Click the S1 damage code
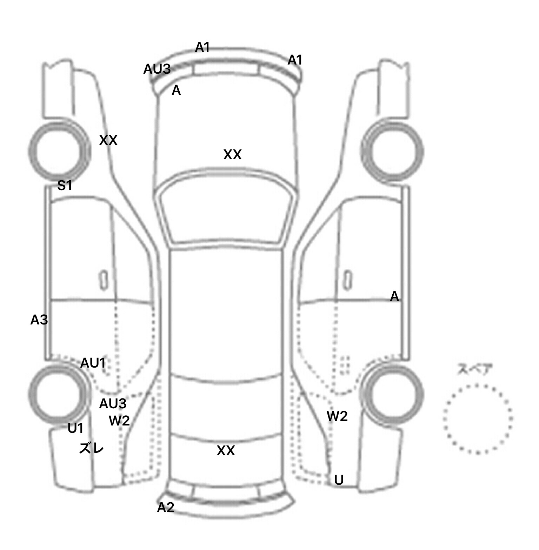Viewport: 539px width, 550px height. pyautogui.click(x=65, y=185)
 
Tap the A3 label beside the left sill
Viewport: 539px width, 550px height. pyautogui.click(x=39, y=320)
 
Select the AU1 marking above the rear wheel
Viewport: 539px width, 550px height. pyautogui.click(x=93, y=363)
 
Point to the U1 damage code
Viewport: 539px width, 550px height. pyautogui.click(x=75, y=428)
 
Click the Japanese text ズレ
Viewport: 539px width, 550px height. pyautogui.click(x=91, y=448)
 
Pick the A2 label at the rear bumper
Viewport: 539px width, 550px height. pyautogui.click(x=166, y=507)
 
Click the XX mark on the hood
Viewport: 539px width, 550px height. pyautogui.click(x=232, y=154)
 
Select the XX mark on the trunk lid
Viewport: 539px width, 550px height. pyautogui.click(x=226, y=451)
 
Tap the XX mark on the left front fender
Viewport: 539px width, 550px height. pyautogui.click(x=108, y=140)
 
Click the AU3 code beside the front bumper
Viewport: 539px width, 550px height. pyautogui.click(x=157, y=69)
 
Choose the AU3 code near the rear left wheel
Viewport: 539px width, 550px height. pyautogui.click(x=113, y=404)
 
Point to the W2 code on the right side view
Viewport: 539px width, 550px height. pyautogui.click(x=337, y=416)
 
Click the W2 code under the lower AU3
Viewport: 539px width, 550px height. pyautogui.click(x=119, y=420)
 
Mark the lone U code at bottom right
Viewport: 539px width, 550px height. pyautogui.click(x=339, y=480)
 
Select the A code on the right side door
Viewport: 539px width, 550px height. pyautogui.click(x=394, y=297)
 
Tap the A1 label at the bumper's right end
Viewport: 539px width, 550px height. pyautogui.click(x=295, y=60)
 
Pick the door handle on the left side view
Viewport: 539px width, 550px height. pyautogui.click(x=104, y=280)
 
